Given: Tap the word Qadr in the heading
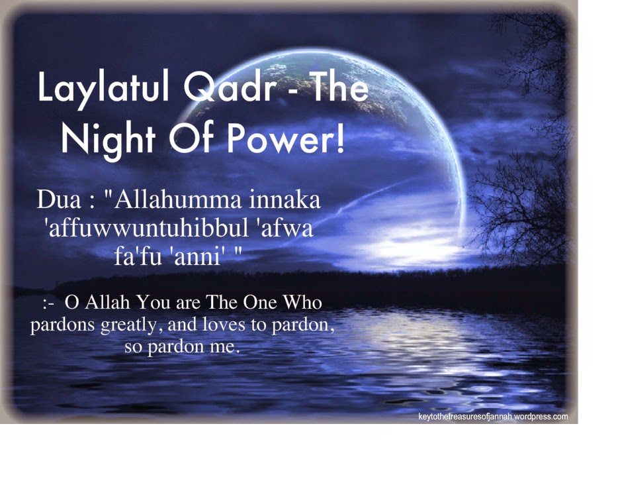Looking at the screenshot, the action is (230, 87).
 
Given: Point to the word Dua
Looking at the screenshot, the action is (59, 199).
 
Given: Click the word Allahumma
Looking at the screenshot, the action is (177, 199).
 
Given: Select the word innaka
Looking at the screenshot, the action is (285, 199).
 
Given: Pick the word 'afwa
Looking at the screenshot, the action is (287, 228).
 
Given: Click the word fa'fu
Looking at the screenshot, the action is (138, 256).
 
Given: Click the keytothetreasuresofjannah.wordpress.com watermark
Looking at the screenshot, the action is (493, 417).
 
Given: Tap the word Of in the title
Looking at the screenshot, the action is (191, 137).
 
